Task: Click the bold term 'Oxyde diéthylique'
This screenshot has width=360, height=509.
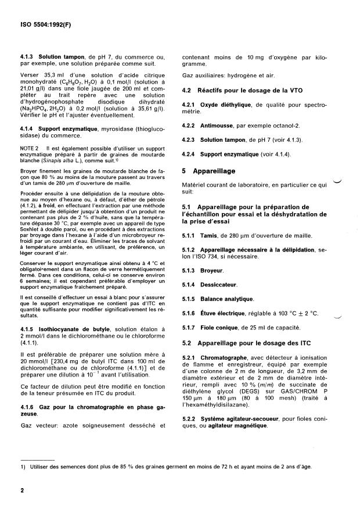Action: (x=226, y=105)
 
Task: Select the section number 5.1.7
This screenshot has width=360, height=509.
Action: (x=189, y=328)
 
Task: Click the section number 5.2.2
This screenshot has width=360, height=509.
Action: (x=189, y=420)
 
